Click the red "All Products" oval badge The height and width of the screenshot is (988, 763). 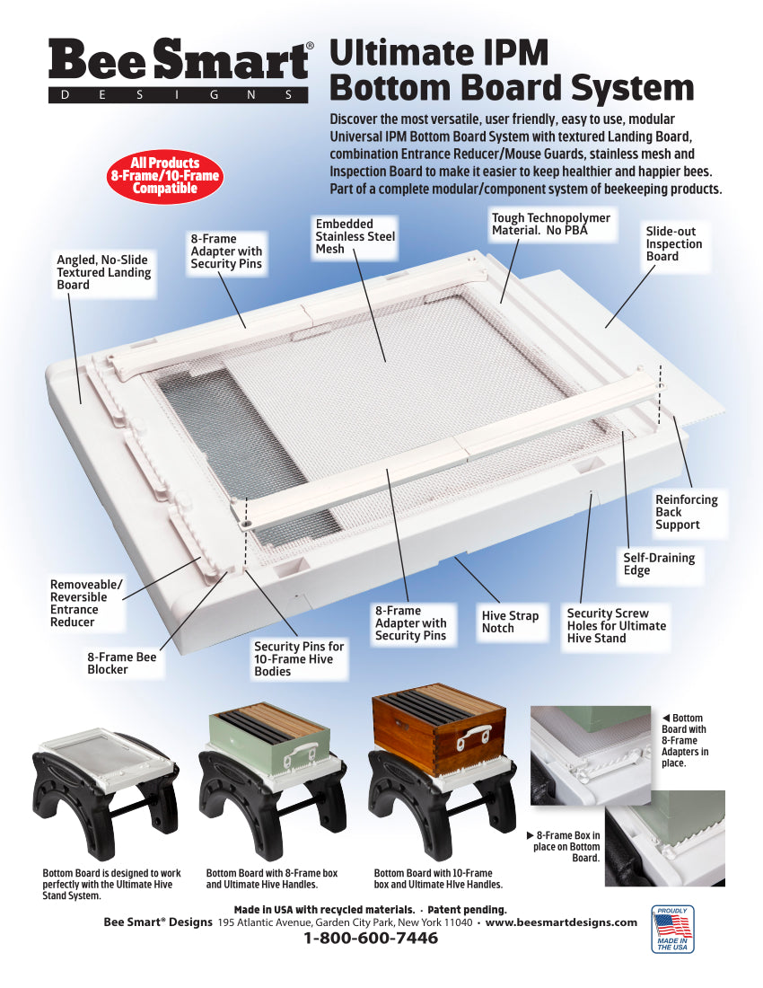click(x=165, y=176)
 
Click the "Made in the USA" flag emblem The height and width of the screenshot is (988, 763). click(x=672, y=929)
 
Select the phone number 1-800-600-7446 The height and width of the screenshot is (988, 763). click(x=371, y=939)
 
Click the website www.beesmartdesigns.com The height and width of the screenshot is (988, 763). click(x=561, y=922)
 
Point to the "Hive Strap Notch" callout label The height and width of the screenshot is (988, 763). click(x=510, y=622)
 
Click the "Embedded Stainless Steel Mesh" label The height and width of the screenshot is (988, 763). click(x=355, y=236)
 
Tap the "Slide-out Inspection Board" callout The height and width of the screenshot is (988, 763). click(x=673, y=243)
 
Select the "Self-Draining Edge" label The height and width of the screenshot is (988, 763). click(x=659, y=564)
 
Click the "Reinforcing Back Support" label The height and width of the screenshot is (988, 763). click(x=686, y=512)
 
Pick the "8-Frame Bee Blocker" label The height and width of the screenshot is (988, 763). click(x=121, y=663)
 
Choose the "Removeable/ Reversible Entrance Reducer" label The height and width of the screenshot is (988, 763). click(x=86, y=603)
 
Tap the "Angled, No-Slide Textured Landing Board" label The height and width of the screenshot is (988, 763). click(x=104, y=272)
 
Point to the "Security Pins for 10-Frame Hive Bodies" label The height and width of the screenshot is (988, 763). click(x=299, y=659)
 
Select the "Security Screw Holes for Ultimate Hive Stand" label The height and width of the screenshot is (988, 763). click(x=617, y=626)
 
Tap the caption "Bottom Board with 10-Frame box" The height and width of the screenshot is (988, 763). click(x=434, y=873)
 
